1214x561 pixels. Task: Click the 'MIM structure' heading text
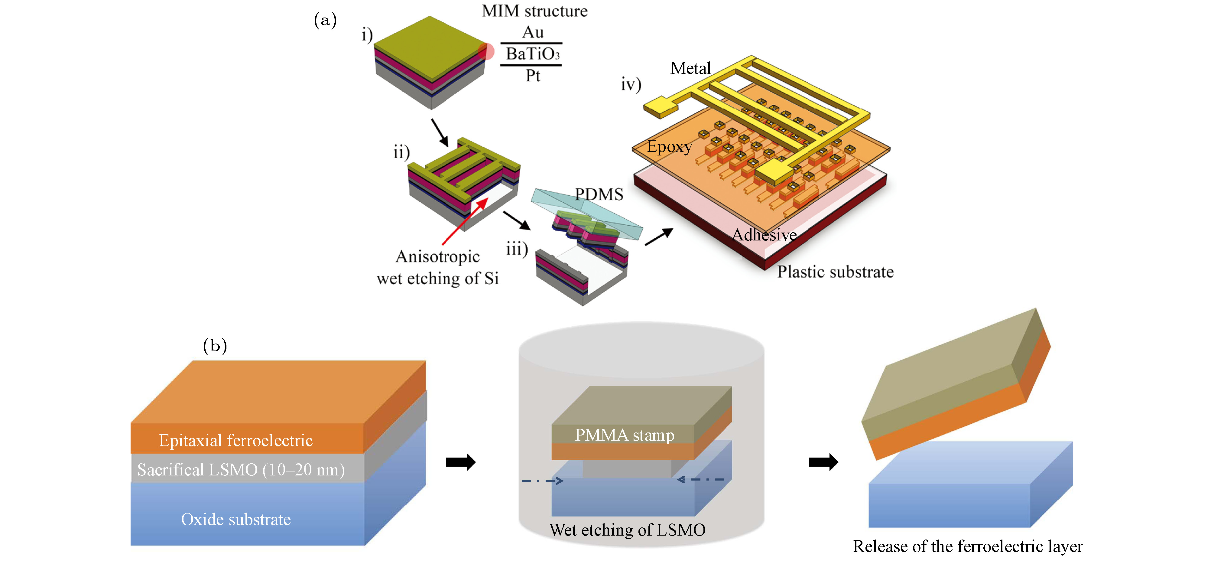tap(534, 11)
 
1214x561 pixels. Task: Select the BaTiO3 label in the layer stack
tap(533, 54)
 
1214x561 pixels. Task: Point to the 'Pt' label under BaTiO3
tap(533, 75)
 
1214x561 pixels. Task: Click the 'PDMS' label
tap(599, 194)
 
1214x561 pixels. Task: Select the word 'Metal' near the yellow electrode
tap(690, 68)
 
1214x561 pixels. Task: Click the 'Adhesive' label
tap(764, 234)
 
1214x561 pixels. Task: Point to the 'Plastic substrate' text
tap(835, 272)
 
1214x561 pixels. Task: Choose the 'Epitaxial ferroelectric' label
tap(236, 440)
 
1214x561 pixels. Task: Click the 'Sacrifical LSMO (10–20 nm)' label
tap(241, 470)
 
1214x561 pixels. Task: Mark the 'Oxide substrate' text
tap(236, 519)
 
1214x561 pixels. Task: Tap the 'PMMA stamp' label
tap(625, 435)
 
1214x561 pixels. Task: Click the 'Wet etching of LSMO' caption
tap(627, 530)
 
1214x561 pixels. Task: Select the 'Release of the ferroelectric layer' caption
tap(968, 546)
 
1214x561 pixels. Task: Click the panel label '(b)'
tap(215, 346)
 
